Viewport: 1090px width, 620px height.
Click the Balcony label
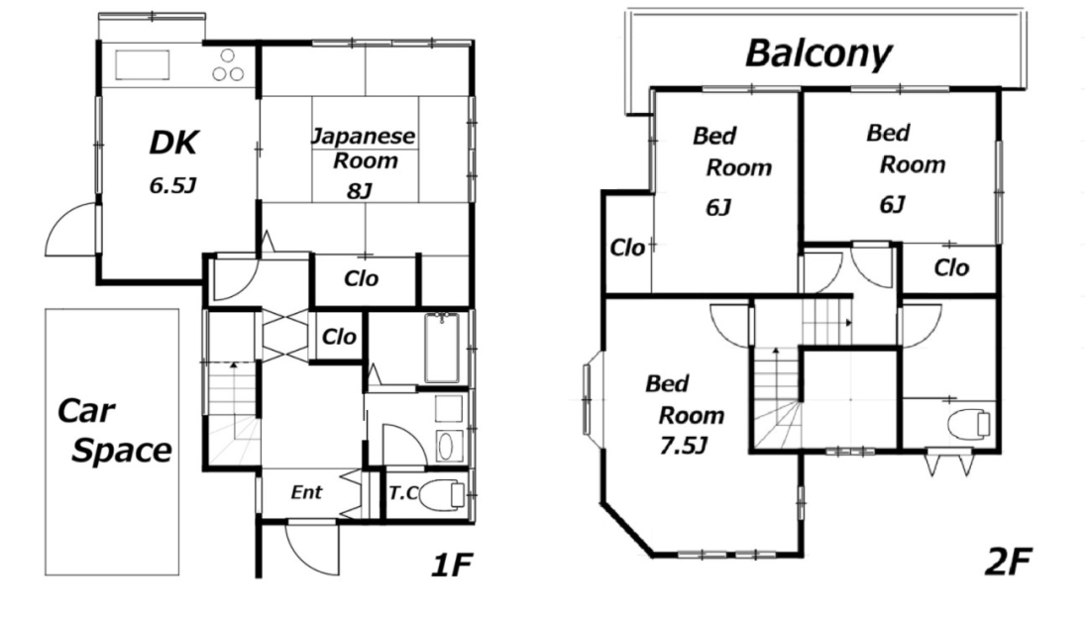(817, 53)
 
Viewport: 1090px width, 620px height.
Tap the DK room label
(173, 143)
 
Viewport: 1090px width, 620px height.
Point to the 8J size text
(360, 190)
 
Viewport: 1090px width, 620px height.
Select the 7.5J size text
(684, 446)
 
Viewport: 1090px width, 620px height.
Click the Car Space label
(114, 431)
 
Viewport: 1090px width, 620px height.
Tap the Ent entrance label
(306, 492)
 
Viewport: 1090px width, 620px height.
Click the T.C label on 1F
(402, 493)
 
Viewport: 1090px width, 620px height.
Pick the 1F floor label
(452, 565)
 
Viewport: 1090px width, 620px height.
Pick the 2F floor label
(1008, 562)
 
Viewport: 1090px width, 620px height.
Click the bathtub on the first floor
(441, 349)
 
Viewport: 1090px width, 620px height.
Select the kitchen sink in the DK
(142, 65)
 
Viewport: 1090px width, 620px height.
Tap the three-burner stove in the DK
(228, 65)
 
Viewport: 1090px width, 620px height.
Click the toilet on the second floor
(968, 424)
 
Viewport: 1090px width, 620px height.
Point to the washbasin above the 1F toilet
(446, 446)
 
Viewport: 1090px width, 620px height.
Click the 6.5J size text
(172, 185)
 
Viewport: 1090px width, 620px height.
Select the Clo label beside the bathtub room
(339, 337)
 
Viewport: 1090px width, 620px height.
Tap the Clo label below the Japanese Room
(362, 278)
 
